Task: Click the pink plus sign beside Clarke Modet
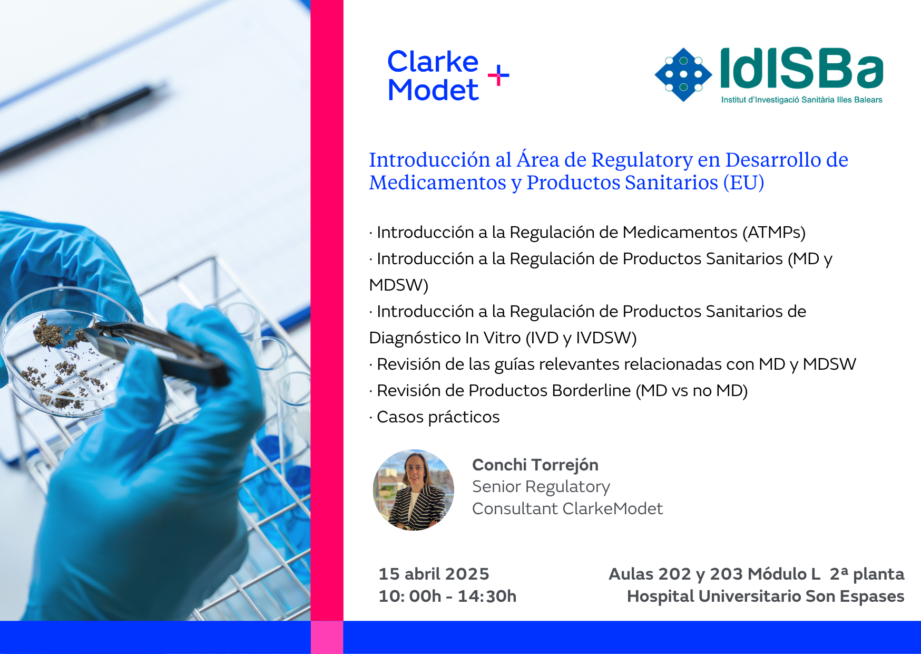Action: click(498, 76)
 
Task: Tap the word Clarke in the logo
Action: click(433, 62)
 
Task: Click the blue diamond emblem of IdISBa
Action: click(683, 74)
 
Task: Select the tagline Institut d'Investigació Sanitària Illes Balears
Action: click(801, 100)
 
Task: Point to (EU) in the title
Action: click(743, 182)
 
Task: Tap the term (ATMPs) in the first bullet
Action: click(774, 233)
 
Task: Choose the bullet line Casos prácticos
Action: click(435, 417)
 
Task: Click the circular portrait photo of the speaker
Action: click(414, 490)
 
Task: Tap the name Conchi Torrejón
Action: click(535, 465)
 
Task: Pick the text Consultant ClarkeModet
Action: click(567, 508)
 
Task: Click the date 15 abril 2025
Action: click(434, 574)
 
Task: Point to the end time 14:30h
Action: click(487, 597)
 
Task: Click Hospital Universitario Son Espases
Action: click(766, 597)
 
